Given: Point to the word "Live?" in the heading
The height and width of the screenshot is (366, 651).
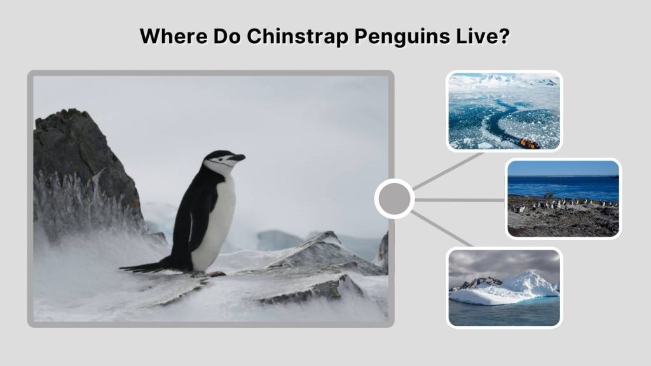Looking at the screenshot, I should (x=486, y=36).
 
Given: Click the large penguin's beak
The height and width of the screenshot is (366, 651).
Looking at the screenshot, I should (x=238, y=157).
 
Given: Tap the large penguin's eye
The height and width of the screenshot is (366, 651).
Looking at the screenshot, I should (x=223, y=156).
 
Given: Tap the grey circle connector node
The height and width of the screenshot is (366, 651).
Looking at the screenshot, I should (x=394, y=200).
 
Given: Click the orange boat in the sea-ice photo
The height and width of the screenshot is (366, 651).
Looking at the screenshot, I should (x=530, y=144).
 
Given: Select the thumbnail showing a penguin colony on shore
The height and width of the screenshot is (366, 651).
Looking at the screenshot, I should (x=563, y=198).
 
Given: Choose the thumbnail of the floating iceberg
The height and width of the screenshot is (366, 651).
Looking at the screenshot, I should (x=504, y=288).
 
